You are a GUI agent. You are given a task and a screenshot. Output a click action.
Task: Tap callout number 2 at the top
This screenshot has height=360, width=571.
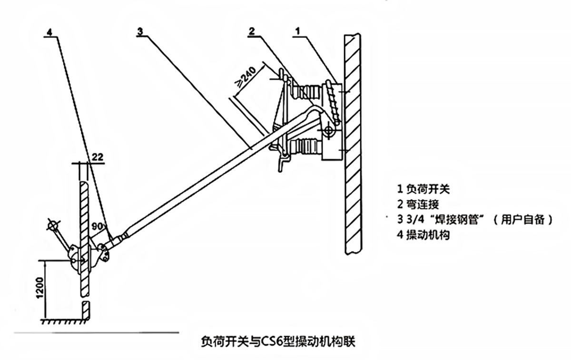[x=252, y=31]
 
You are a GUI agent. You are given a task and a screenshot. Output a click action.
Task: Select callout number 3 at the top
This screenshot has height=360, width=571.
[x=139, y=31]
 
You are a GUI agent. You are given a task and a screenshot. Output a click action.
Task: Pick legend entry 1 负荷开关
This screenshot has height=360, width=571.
[x=423, y=189]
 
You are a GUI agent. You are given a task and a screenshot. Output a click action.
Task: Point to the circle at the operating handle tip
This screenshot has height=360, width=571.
[x=52, y=224]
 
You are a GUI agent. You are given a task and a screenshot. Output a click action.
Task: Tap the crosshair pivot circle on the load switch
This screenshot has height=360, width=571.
[x=328, y=129]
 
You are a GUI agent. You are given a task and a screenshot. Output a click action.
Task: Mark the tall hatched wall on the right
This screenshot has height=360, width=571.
[x=352, y=143]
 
